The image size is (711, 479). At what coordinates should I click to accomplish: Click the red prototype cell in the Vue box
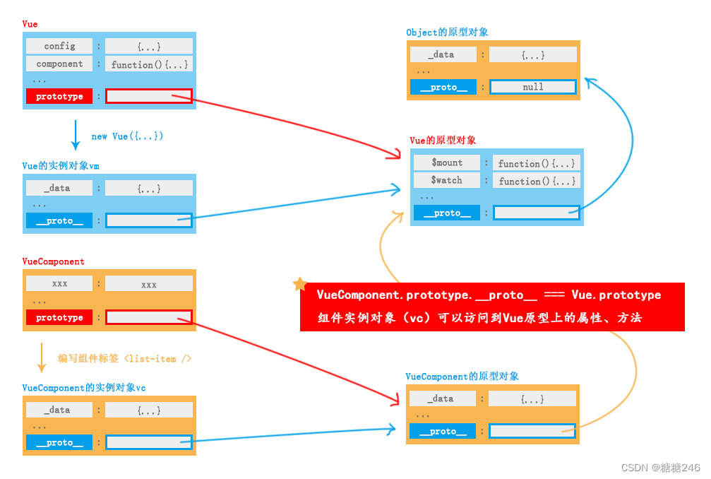pyautogui.click(x=59, y=97)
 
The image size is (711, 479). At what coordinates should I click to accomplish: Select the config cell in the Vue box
pyautogui.click(x=59, y=46)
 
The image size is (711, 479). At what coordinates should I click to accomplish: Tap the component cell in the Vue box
pyautogui.click(x=59, y=64)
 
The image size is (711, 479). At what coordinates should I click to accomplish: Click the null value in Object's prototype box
pyautogui.click(x=533, y=87)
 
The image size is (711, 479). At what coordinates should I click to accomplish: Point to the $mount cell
pyautogui.click(x=447, y=162)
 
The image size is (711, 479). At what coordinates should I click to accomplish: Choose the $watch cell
pyautogui.click(x=447, y=180)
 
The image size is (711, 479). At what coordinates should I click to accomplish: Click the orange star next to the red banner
pyautogui.click(x=299, y=285)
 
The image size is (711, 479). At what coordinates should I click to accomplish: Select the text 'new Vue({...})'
pyautogui.click(x=127, y=136)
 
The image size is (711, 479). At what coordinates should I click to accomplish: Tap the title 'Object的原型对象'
pyautogui.click(x=447, y=32)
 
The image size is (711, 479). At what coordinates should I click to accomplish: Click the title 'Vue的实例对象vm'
pyautogui.click(x=61, y=166)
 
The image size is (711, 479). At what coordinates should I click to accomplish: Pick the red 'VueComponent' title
pyautogui.click(x=53, y=261)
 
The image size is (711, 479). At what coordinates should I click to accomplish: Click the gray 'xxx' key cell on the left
pyautogui.click(x=59, y=283)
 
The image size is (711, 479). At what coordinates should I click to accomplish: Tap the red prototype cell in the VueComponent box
pyautogui.click(x=59, y=318)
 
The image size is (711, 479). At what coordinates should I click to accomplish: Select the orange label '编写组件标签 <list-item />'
pyautogui.click(x=124, y=359)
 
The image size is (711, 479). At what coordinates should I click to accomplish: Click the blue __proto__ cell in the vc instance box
pyautogui.click(x=59, y=443)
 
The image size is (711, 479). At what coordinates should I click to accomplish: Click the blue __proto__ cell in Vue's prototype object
pyautogui.click(x=447, y=213)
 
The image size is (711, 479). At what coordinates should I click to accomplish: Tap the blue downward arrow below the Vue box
pyautogui.click(x=76, y=134)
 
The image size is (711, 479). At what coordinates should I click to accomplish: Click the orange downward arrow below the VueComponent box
pyautogui.click(x=42, y=357)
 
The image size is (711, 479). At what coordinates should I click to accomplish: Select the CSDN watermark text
pyautogui.click(x=661, y=468)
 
